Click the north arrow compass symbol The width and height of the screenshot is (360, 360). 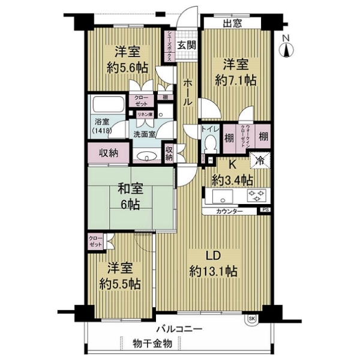287,46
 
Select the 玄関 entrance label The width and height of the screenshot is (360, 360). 186,45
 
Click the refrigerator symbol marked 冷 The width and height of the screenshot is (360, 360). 260,160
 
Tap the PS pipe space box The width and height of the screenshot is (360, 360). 265,210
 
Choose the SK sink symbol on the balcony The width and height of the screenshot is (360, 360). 251,319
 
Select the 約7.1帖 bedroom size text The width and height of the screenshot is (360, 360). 236,79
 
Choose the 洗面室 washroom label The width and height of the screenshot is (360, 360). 145,134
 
